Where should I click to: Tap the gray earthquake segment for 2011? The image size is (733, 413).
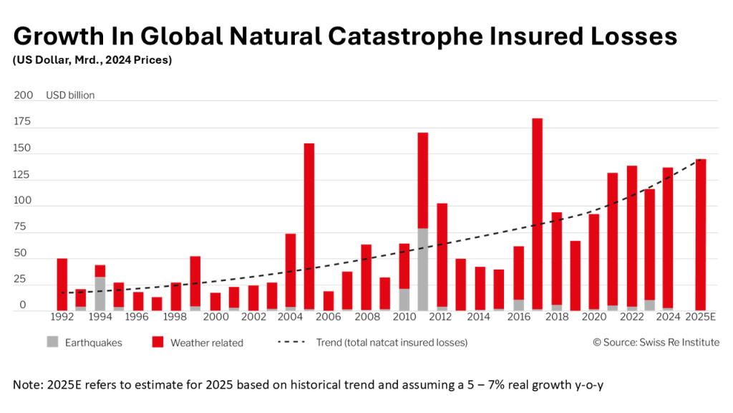click(423, 269)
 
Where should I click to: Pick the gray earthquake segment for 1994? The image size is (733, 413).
click(100, 293)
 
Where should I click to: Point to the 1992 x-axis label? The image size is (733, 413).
click(62, 316)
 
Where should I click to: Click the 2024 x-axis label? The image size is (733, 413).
click(663, 316)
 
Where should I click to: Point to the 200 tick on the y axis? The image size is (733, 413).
click(24, 95)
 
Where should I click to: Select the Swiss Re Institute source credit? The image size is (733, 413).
click(656, 343)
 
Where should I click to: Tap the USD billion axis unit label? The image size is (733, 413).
click(70, 95)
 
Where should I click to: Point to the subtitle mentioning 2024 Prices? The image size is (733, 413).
click(92, 60)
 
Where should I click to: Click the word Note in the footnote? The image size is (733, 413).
click(27, 384)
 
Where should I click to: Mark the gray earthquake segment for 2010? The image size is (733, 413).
click(404, 299)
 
